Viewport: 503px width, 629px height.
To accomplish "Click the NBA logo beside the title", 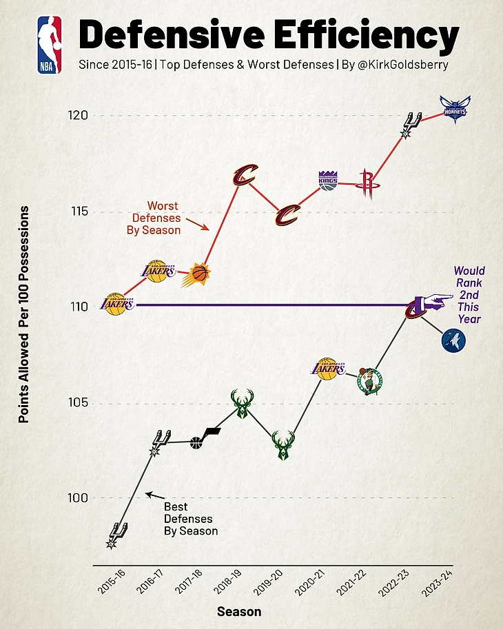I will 50,45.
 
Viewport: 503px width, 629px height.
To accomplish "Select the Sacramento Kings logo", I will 328,180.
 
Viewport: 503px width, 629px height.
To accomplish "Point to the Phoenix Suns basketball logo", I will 198,276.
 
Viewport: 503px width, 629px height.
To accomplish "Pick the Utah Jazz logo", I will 205,437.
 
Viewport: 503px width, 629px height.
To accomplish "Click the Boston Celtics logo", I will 369,380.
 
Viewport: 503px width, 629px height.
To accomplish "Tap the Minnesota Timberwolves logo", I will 454,340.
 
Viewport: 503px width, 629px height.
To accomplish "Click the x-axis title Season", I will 238,611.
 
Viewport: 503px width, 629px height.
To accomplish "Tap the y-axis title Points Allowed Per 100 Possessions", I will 24,313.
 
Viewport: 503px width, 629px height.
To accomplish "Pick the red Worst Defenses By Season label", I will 154,218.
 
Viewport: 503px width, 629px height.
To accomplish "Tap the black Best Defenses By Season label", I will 190,519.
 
